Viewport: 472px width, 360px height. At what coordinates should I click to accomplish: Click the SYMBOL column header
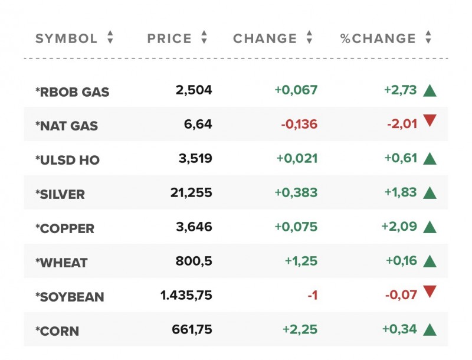[66, 39]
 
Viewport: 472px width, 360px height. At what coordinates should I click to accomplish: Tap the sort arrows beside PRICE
[204, 38]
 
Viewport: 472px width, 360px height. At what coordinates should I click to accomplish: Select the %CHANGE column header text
[378, 39]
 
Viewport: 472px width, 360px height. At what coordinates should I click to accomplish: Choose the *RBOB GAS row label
[72, 91]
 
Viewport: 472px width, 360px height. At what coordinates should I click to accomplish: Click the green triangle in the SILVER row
[430, 192]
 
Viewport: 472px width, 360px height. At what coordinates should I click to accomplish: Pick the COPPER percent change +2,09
[401, 227]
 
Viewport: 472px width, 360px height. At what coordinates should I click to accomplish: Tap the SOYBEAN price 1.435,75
[186, 295]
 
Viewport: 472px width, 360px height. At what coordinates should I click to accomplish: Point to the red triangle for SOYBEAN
[430, 291]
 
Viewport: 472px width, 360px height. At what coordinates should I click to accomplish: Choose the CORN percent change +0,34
[401, 329]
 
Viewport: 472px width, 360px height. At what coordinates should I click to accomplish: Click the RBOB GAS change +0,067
[296, 90]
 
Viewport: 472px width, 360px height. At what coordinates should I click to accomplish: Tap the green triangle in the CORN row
[430, 329]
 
